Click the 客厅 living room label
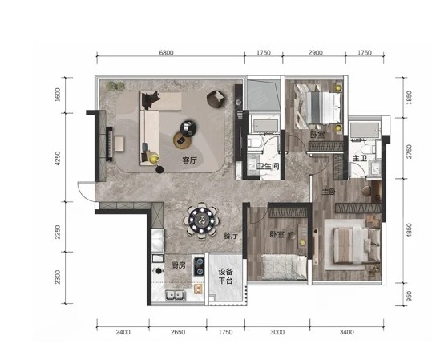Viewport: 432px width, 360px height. (189, 160)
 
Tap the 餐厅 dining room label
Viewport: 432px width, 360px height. (231, 236)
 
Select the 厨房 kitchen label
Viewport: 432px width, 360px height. (178, 265)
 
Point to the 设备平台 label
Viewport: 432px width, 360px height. (226, 276)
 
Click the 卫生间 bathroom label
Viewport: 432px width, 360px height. (268, 166)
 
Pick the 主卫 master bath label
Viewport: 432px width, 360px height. (359, 158)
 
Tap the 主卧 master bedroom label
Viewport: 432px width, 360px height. (329, 192)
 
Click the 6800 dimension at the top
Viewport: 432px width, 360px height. (167, 52)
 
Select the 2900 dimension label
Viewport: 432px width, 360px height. (315, 52)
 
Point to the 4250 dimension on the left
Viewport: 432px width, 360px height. (58, 158)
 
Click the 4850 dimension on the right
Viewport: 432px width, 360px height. (409, 230)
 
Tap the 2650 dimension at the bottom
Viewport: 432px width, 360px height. (178, 332)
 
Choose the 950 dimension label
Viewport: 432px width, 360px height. (409, 296)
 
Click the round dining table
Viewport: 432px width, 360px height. (202, 220)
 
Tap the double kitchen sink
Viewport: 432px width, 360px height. (176, 296)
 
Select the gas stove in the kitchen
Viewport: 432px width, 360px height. (199, 266)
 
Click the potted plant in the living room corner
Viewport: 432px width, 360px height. (115, 86)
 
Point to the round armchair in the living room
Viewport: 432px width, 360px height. (216, 99)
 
